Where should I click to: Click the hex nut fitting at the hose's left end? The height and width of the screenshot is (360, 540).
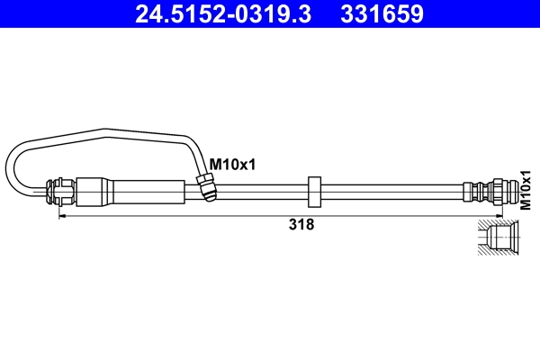coord(60,191)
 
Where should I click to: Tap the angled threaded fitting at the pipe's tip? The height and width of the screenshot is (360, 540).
coord(205,187)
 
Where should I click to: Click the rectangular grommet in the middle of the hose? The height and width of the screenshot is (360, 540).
coord(314,191)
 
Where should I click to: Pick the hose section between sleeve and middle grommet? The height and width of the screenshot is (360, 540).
coord(261,191)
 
